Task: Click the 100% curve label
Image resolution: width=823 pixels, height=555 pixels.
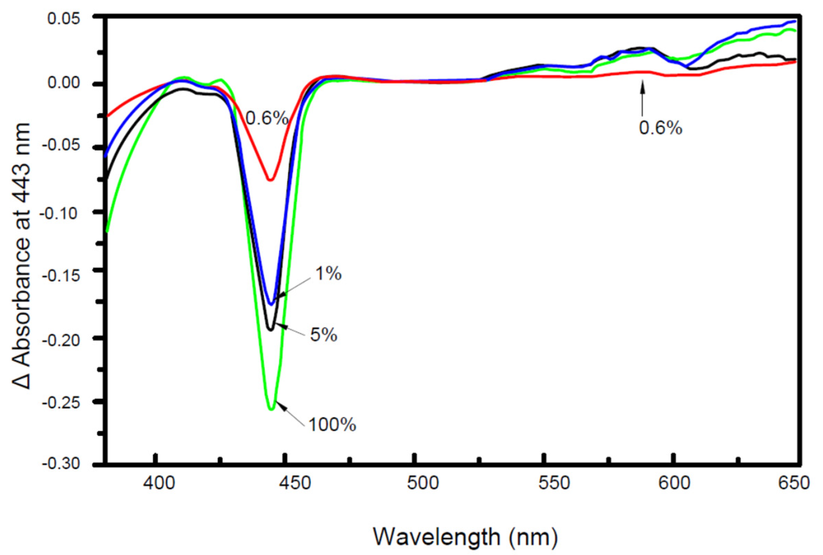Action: click(332, 425)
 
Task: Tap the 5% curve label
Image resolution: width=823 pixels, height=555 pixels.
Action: click(323, 334)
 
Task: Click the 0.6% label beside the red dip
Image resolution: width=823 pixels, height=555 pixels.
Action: click(267, 119)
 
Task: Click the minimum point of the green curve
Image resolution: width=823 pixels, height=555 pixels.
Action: click(271, 409)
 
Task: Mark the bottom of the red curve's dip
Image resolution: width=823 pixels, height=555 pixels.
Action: click(270, 180)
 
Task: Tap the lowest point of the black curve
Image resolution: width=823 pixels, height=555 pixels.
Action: click(271, 330)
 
